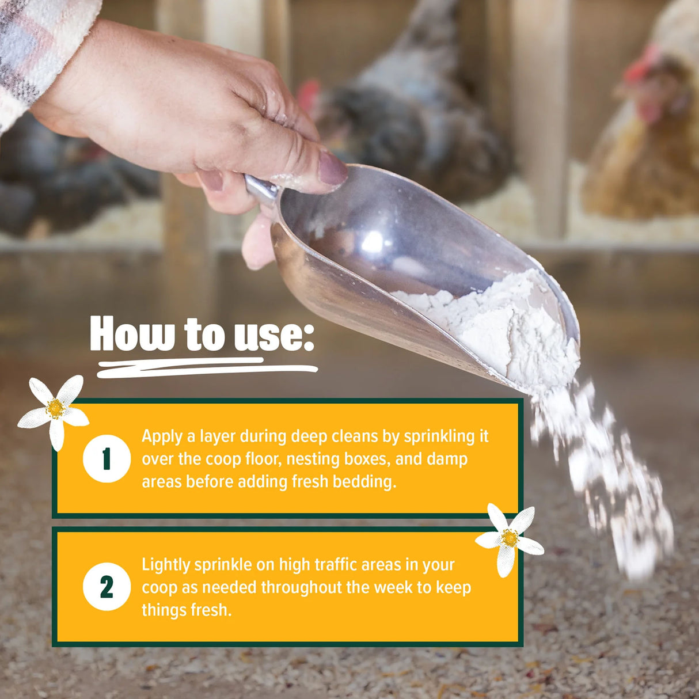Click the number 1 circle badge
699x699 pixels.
tap(107, 459)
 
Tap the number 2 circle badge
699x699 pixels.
tap(107, 587)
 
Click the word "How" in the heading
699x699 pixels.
tap(132, 334)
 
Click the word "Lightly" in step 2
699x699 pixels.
tap(166, 565)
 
